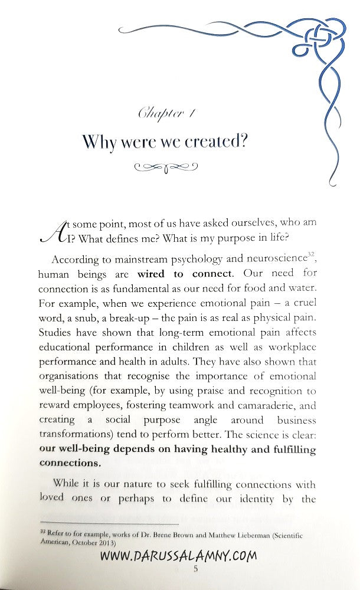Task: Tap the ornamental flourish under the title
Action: pyautogui.click(x=165, y=168)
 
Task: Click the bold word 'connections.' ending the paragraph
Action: pyautogui.click(x=70, y=463)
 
